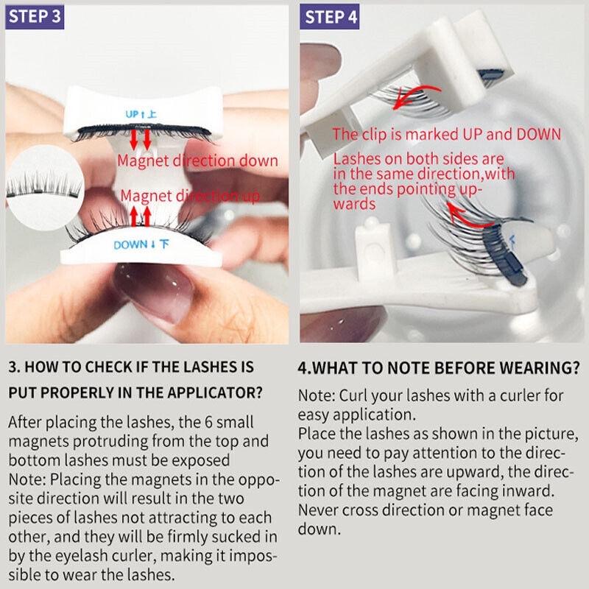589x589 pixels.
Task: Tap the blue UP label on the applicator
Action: click(x=141, y=114)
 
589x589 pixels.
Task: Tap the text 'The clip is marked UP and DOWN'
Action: click(x=446, y=134)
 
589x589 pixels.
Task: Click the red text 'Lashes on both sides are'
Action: click(x=418, y=159)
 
